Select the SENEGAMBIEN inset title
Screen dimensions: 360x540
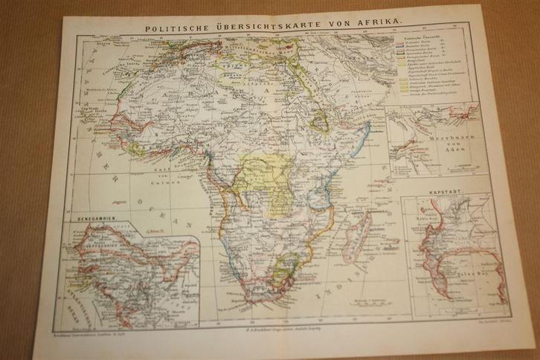tap(100, 220)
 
